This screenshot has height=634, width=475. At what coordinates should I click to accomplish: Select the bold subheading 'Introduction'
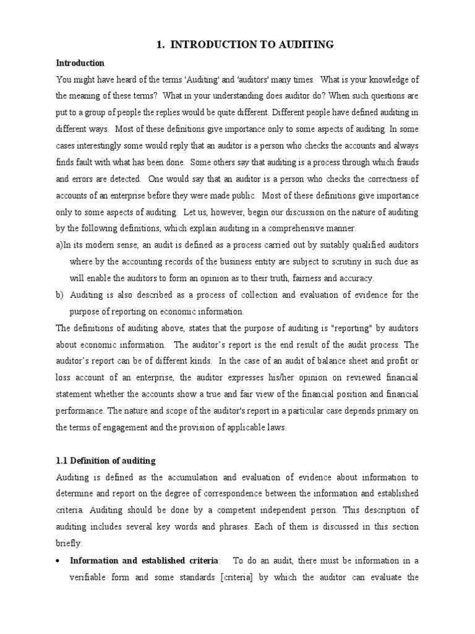pos(80,63)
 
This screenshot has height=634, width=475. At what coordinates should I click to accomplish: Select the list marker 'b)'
pos(61,294)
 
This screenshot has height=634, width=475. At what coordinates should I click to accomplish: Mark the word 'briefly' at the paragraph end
pos(69,544)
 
